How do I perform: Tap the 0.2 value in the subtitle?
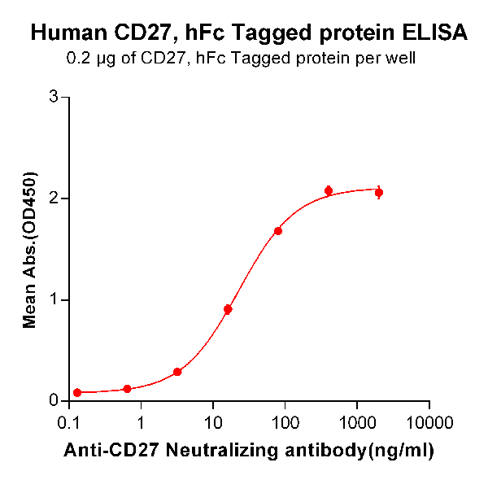coord(76,59)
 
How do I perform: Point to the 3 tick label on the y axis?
coord(54,97)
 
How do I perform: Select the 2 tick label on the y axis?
coord(54,199)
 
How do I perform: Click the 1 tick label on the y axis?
coord(54,299)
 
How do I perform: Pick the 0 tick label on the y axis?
coord(54,400)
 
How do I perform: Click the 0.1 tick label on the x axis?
coord(71,423)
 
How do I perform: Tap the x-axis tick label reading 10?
coord(212,423)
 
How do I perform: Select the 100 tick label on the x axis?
coord(285,423)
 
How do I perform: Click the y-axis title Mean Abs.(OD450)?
coord(31,250)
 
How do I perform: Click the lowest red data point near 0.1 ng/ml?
coord(77,392)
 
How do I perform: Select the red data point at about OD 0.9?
coord(228,309)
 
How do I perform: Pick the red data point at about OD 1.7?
coord(278,231)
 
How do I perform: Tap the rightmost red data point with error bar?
coord(379,193)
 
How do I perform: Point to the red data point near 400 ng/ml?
coord(329,191)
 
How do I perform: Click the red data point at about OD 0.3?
coord(177,372)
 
